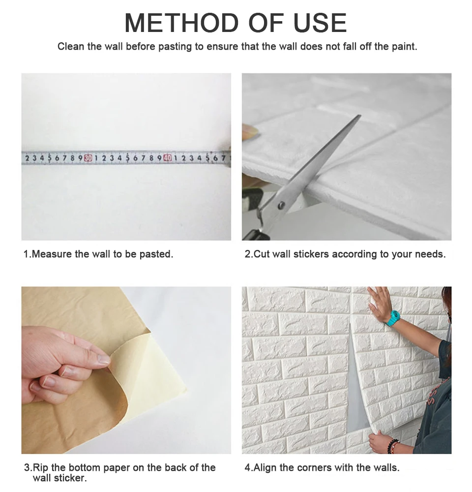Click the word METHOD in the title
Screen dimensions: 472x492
(181, 23)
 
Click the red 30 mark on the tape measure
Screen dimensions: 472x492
(88, 158)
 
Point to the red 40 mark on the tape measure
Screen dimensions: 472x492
(168, 158)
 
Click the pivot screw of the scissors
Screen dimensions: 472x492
(281, 206)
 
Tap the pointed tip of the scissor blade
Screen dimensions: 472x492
(360, 116)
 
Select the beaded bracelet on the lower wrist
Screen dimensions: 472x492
(393, 445)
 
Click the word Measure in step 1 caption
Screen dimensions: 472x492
(52, 254)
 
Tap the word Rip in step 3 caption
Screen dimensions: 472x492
(40, 467)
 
